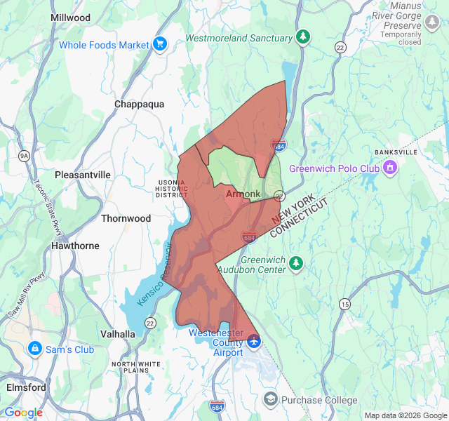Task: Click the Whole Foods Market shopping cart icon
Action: (160, 44)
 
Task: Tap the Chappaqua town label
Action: (139, 104)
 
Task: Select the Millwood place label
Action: (70, 17)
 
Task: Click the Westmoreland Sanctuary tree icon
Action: (302, 37)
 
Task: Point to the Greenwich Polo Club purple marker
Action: (390, 168)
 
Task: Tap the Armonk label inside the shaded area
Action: (243, 194)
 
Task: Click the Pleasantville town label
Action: (83, 174)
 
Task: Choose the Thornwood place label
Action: (126, 218)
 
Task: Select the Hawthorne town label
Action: (75, 246)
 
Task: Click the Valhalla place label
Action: (117, 334)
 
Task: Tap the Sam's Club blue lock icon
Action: (34, 349)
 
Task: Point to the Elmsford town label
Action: (26, 387)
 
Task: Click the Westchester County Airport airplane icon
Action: (253, 342)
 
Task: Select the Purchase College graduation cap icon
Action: (270, 399)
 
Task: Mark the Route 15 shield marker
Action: (344, 304)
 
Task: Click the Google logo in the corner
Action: (23, 413)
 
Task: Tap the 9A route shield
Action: (25, 155)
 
